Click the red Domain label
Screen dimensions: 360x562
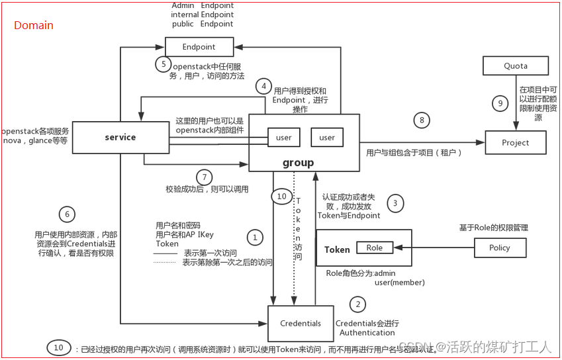click(x=34, y=26)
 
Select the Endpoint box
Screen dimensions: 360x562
click(x=199, y=47)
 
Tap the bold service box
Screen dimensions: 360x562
click(x=120, y=138)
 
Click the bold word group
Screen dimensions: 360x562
click(x=298, y=163)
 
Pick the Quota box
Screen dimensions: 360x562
click(x=515, y=66)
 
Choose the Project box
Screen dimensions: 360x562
click(x=515, y=142)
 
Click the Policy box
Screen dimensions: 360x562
click(x=500, y=247)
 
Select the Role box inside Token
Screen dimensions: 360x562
click(x=375, y=247)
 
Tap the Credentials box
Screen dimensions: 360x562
click(x=301, y=324)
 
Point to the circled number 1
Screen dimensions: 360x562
click(x=254, y=236)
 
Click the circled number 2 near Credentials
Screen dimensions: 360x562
click(x=358, y=304)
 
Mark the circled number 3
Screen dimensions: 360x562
click(x=395, y=203)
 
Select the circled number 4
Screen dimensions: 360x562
click(x=264, y=86)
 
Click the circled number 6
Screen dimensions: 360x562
click(x=66, y=214)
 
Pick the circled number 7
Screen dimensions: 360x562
click(x=206, y=177)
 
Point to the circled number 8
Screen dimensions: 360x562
click(x=422, y=120)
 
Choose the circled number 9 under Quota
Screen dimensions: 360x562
click(x=500, y=103)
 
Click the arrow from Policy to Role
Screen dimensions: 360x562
click(x=434, y=247)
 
